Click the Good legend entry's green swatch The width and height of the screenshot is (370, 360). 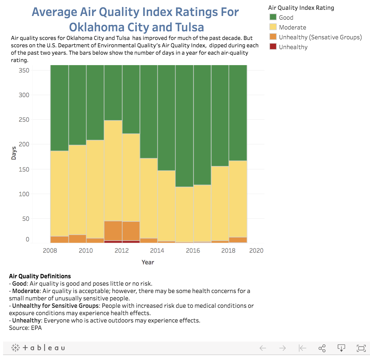273,17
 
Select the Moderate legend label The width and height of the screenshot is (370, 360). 292,27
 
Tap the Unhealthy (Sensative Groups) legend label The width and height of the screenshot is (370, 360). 320,37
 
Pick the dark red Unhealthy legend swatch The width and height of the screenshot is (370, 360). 273,47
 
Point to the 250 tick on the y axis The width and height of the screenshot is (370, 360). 24,119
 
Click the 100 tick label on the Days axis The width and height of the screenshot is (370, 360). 24,194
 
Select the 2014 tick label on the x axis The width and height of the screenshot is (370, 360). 157,251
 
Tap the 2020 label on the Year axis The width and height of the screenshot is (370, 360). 256,251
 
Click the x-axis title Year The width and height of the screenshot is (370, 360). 148,262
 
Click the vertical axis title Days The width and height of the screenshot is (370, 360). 14,153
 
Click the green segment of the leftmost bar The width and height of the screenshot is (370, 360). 59,108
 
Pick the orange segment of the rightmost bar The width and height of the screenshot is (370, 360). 238,240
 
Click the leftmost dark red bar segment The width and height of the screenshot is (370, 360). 113,242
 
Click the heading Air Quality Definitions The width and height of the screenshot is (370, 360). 40,276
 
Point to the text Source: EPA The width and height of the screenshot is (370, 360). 25,328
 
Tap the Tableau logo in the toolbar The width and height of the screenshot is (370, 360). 38,348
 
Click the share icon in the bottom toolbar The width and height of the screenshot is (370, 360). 322,348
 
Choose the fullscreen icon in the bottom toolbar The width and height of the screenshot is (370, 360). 361,348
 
